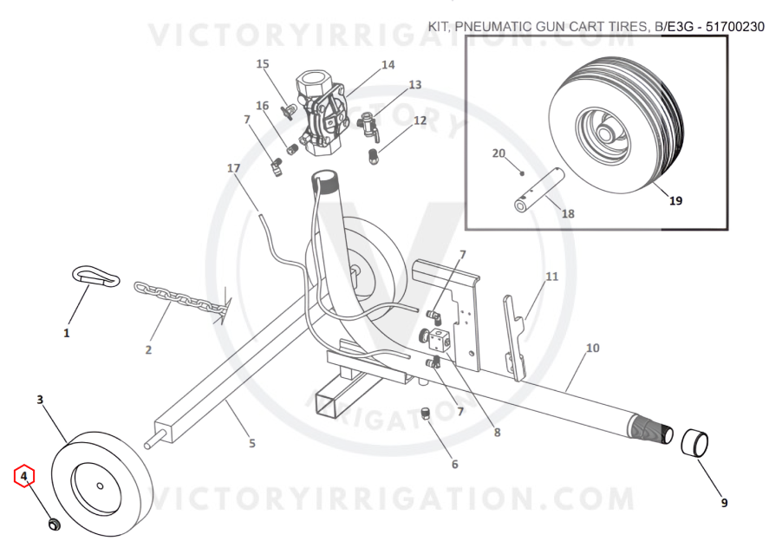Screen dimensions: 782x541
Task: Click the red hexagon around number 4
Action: [24, 476]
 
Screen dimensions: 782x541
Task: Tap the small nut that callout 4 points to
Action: [54, 524]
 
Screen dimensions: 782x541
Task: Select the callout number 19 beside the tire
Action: [675, 201]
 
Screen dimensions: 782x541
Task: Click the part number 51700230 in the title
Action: [734, 26]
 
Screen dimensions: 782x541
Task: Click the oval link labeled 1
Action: [95, 275]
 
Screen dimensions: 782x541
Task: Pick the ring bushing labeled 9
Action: [694, 442]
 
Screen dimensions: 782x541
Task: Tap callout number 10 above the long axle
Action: [592, 348]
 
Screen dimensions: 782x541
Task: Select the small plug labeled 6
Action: [426, 414]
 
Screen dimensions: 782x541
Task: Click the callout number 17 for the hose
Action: [233, 168]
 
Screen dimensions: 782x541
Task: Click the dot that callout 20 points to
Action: [522, 173]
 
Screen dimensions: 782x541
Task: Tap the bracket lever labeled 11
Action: [515, 337]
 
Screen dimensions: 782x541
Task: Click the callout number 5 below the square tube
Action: [252, 443]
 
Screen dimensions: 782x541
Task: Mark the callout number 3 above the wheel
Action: [40, 400]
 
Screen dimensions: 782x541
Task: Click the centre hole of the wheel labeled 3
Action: [100, 486]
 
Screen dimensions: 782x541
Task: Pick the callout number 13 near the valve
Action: [415, 85]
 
